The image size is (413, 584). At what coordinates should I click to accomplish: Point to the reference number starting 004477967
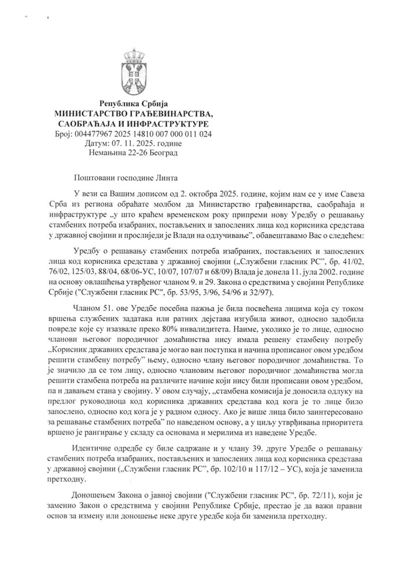[143, 134]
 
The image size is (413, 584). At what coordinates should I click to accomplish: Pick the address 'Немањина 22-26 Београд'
[133, 153]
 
